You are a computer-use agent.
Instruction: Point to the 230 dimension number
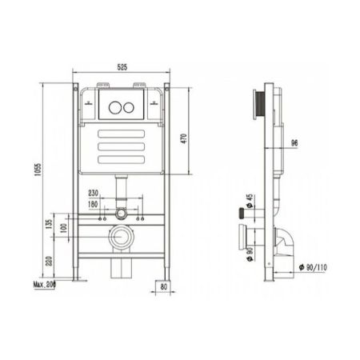coord(94,193)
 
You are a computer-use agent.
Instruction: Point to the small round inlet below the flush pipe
coord(120,214)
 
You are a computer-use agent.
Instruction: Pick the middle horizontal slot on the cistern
coord(122,146)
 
